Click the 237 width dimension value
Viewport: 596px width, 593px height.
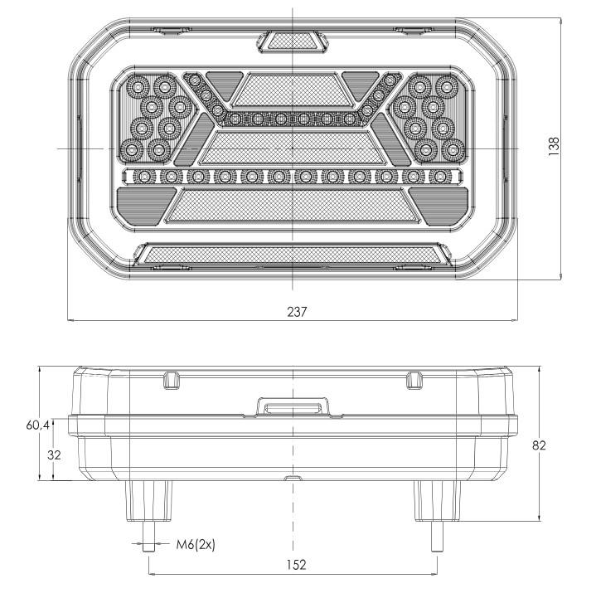tap(297, 312)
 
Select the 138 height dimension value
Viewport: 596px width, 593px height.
tap(555, 147)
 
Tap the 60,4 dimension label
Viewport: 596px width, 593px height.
tap(37, 425)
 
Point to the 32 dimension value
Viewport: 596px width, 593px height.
tap(54, 454)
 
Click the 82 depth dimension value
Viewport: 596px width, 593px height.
tap(539, 445)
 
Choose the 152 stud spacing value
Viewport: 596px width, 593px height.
tap(296, 565)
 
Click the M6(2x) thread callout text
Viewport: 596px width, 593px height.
tap(196, 545)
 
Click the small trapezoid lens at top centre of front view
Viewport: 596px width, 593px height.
tap(293, 41)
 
